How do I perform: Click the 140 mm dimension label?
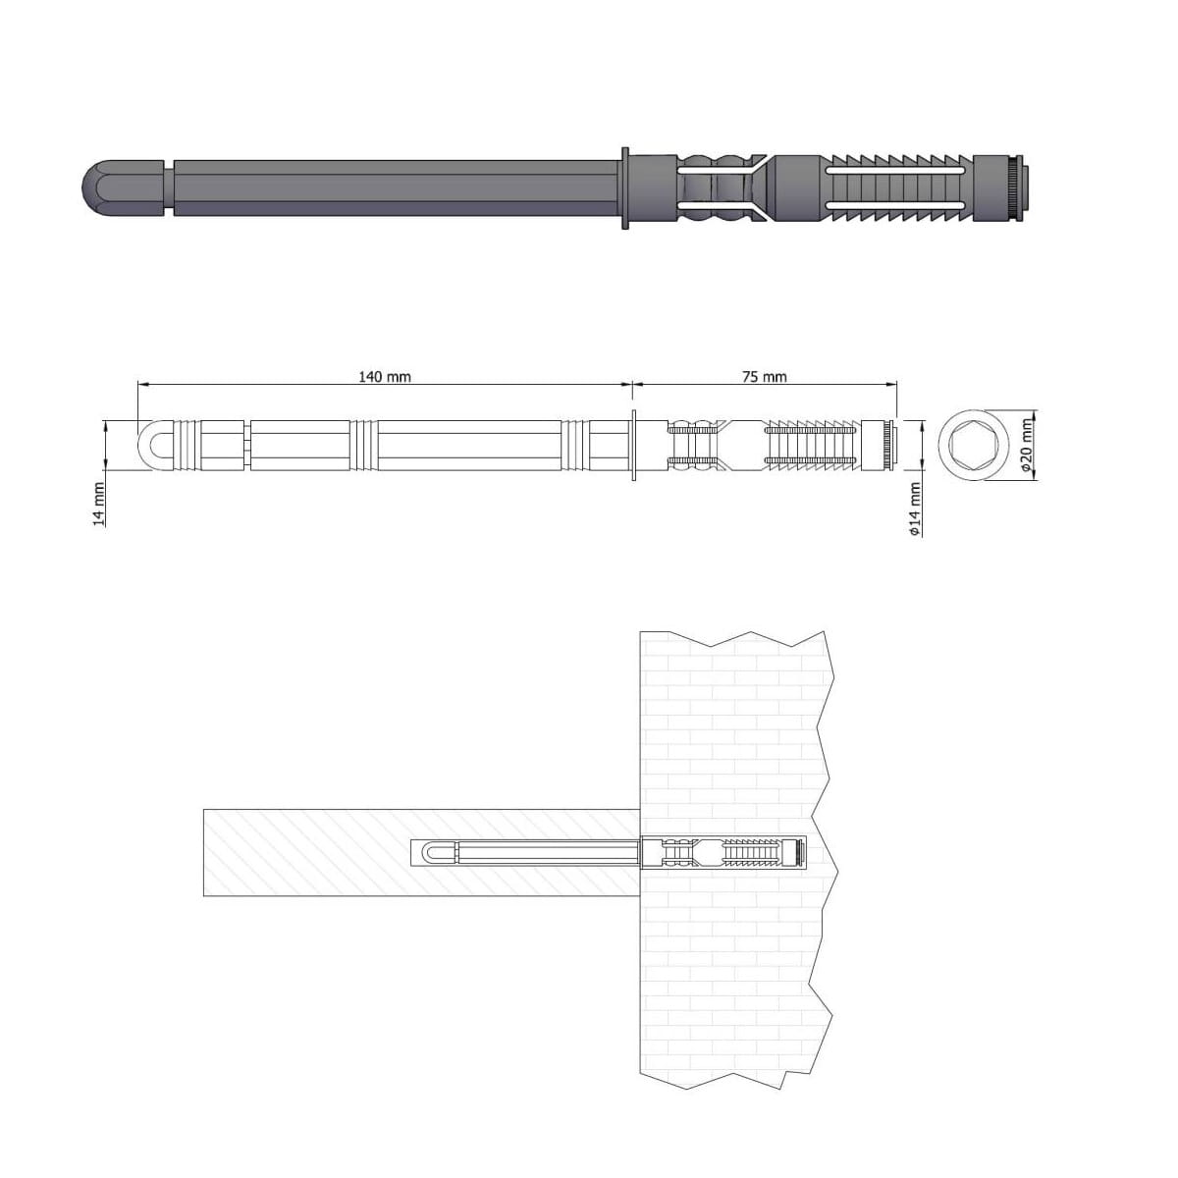tap(385, 377)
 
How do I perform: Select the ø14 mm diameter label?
tap(915, 509)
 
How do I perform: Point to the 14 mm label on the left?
tap(98, 505)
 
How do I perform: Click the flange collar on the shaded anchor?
tap(624, 188)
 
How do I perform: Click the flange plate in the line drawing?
tap(634, 446)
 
